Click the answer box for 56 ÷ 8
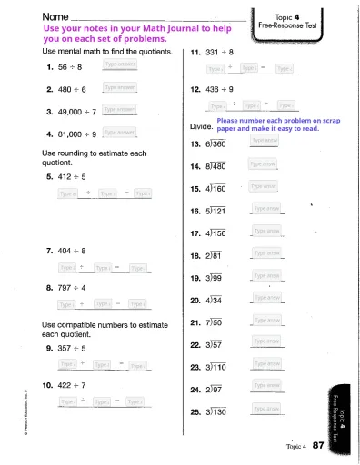click(x=120, y=66)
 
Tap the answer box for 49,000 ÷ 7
click(x=120, y=110)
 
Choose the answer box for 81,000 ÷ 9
click(x=120, y=132)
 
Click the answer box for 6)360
click(x=265, y=141)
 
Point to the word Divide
click(x=202, y=130)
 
